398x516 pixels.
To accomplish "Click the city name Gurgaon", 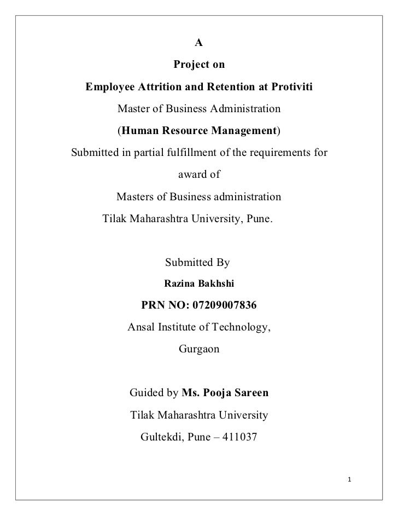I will [198, 349].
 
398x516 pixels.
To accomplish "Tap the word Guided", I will [145, 393].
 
